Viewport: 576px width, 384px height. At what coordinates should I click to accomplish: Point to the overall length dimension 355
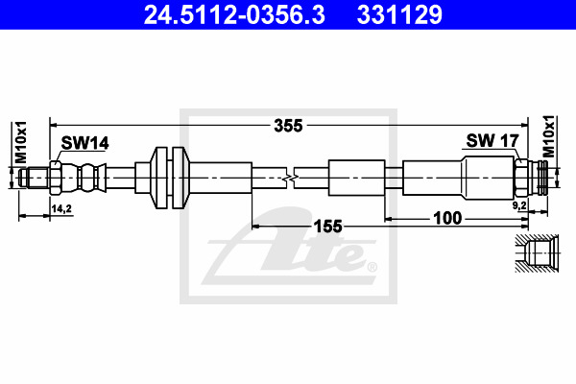pos(288,125)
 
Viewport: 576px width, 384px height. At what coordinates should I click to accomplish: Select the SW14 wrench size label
pos(84,143)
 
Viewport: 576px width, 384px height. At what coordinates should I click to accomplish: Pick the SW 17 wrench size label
pos(492,140)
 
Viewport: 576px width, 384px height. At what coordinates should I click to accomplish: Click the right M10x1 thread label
pos(549,135)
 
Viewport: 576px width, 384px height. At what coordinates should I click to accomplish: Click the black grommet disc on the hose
pos(169,177)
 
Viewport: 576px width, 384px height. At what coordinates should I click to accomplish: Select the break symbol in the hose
pos(290,177)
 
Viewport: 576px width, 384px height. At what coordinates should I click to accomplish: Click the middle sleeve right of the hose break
pos(356,177)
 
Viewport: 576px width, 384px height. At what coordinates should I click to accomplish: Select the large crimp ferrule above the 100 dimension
pos(434,177)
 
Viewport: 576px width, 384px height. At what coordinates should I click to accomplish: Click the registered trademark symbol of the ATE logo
pos(372,266)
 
